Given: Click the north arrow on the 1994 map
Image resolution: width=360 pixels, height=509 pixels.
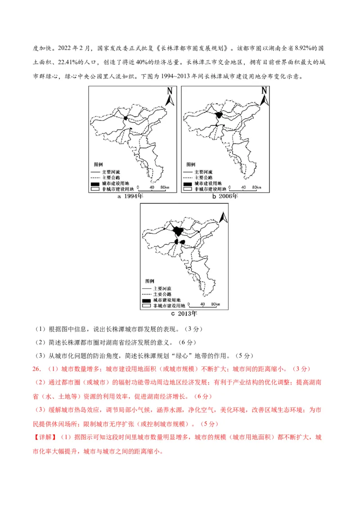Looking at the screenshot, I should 170,97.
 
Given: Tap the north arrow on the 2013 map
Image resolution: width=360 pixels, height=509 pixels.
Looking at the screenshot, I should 222,217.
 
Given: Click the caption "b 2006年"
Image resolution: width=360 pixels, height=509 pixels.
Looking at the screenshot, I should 225,196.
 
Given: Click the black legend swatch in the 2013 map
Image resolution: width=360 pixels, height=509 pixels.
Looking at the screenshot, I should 146,300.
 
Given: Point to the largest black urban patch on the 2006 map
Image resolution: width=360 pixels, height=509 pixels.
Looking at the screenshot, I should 220,116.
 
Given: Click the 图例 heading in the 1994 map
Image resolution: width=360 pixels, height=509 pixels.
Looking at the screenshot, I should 98,165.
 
